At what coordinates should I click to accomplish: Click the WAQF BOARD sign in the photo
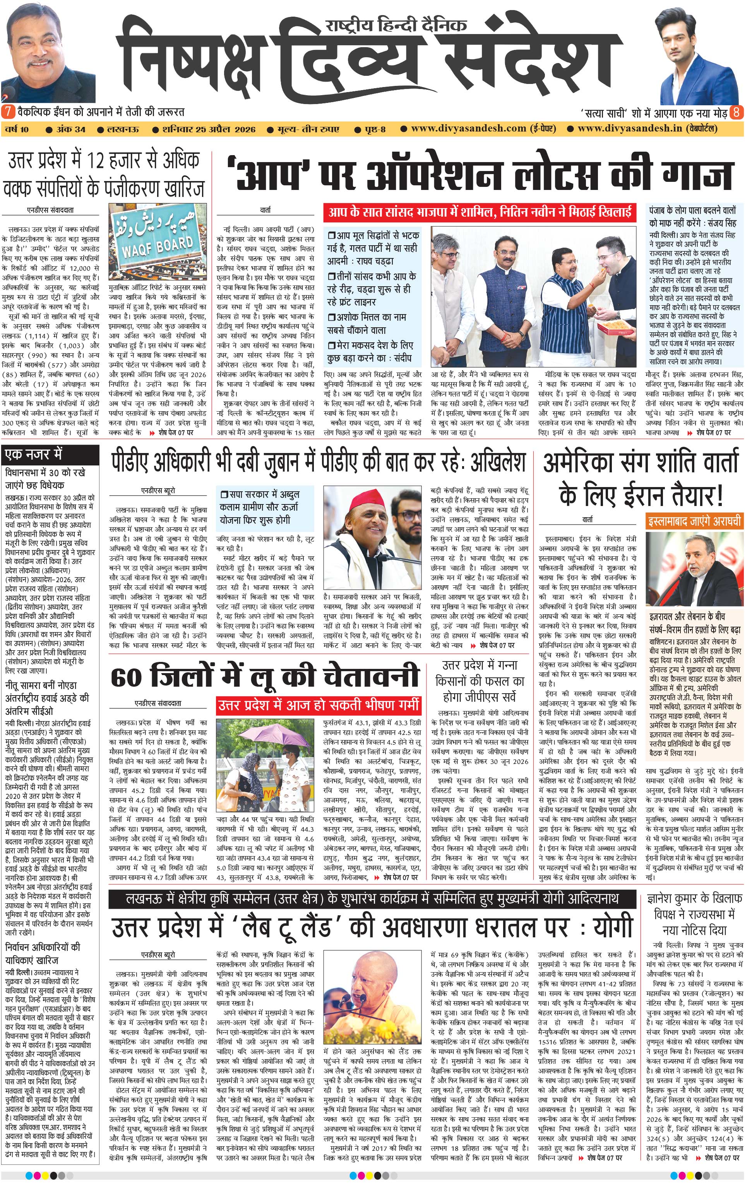[x=157, y=243]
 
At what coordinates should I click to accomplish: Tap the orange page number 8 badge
[x=736, y=112]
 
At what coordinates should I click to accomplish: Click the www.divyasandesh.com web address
[x=468, y=129]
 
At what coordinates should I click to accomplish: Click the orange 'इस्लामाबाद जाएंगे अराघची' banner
[x=694, y=521]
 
